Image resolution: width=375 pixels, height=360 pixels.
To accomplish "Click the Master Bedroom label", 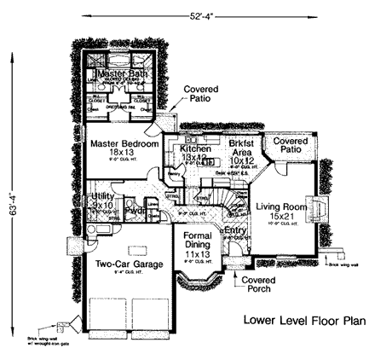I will coord(124,144).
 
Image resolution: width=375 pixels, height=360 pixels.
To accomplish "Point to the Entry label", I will coord(234,231).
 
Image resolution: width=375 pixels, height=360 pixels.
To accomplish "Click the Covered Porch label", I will coord(257,285).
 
